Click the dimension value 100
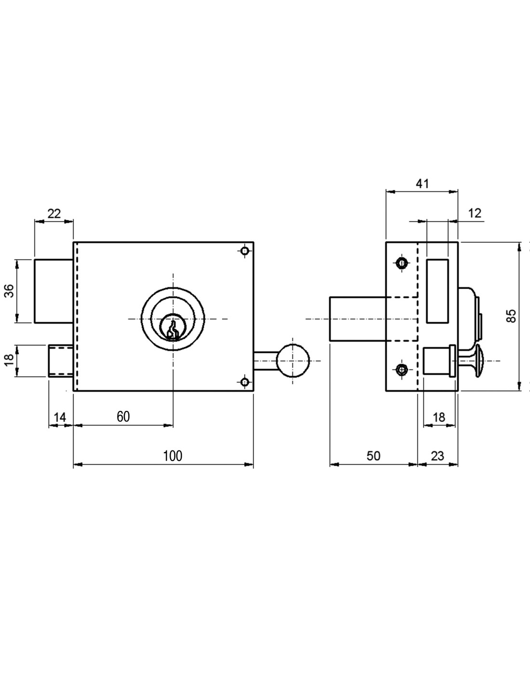tap(172, 456)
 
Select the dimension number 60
tap(123, 417)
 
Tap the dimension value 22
tap(54, 214)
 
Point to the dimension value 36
tap(10, 290)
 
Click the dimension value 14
tap(60, 417)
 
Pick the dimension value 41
tap(422, 184)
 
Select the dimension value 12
tap(475, 213)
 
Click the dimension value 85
tap(511, 316)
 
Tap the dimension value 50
tap(373, 456)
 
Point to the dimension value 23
tap(437, 456)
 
